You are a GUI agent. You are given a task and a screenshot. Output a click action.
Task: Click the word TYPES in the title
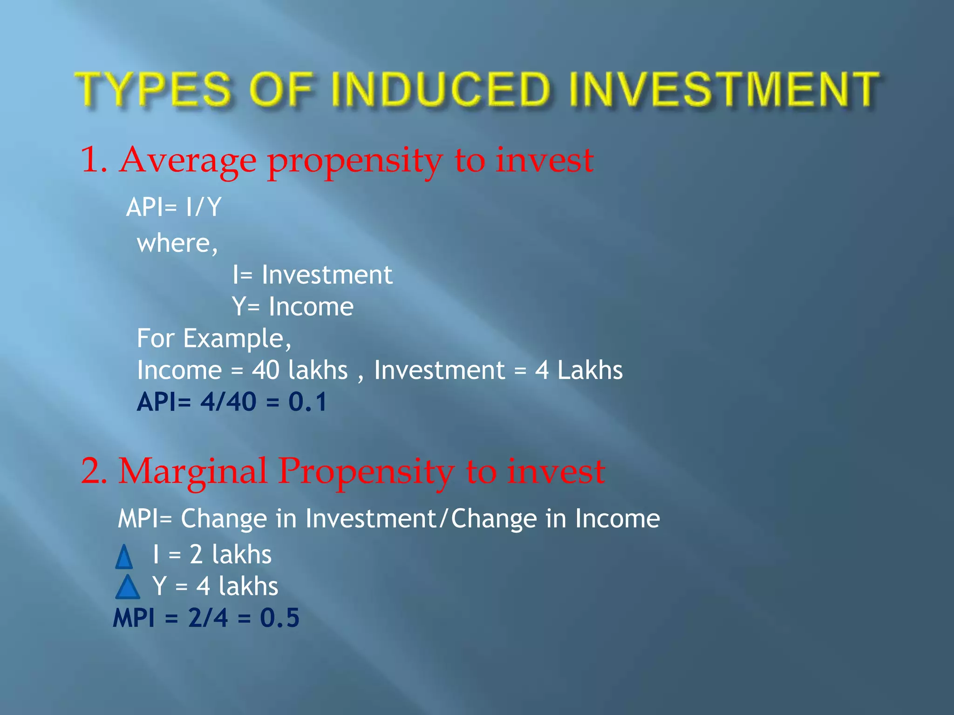154,89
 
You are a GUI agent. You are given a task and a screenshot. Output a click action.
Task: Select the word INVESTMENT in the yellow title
724,89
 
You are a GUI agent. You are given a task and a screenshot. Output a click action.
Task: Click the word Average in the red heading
187,161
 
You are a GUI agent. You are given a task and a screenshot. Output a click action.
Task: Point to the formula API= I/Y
174,207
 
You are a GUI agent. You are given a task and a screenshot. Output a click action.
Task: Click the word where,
177,243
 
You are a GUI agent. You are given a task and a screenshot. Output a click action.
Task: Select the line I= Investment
312,275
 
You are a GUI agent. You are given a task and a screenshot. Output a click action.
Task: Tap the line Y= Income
293,307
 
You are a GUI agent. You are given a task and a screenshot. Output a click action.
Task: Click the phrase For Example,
214,338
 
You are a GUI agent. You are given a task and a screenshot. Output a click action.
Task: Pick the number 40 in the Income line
266,371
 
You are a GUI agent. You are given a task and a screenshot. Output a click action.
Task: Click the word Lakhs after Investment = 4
590,371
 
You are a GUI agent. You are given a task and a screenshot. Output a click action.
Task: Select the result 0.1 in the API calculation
307,402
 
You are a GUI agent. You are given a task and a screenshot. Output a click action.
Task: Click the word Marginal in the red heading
192,471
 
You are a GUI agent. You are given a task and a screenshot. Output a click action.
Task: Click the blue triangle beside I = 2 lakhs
124,557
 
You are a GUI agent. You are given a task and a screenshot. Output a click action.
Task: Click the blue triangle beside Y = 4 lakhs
127,587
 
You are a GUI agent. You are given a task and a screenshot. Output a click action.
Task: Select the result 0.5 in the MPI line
279,618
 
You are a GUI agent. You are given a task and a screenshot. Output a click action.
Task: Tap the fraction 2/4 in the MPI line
208,618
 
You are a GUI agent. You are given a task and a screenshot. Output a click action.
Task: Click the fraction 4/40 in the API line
228,402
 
